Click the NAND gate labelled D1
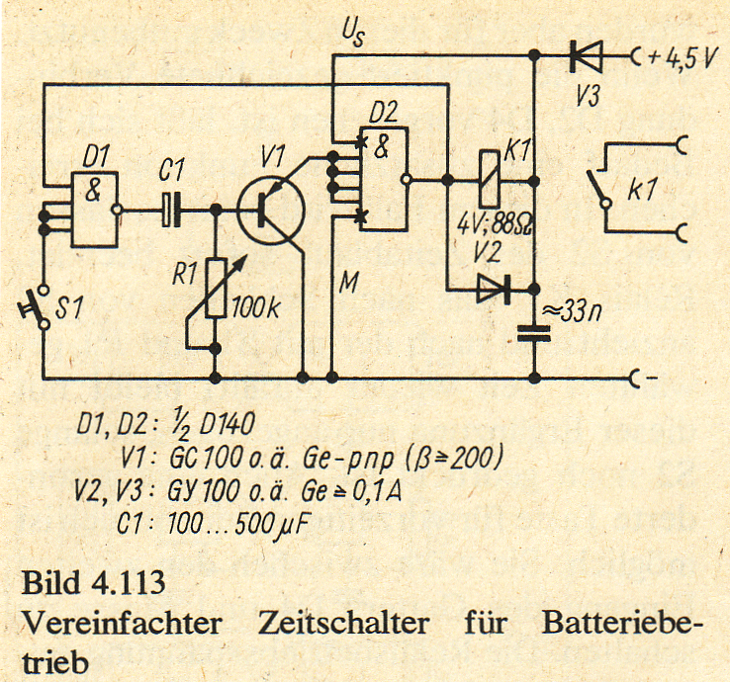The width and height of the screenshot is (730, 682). tap(93, 211)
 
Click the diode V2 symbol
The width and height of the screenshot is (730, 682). tap(491, 289)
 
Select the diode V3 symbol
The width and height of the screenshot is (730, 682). tap(586, 58)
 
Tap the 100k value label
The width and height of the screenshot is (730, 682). tap(254, 306)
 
